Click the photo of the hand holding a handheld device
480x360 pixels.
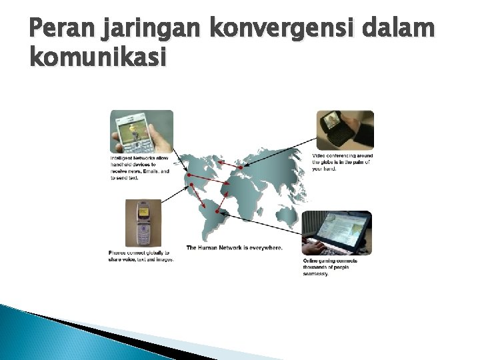141,131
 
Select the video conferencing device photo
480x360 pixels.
344,130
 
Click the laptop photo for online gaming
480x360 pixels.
337,233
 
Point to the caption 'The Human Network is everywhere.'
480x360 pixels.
234,247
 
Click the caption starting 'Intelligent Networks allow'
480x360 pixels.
140,168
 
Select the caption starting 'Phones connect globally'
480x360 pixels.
141,256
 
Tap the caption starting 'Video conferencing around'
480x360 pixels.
343,162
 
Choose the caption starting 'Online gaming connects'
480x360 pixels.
331,267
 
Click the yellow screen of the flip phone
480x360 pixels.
142,209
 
